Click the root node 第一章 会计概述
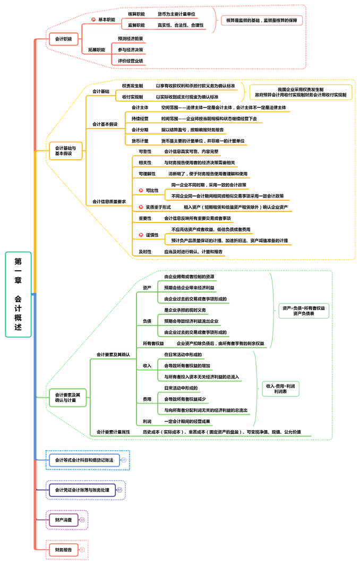point(18,294)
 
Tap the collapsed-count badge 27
point(124,460)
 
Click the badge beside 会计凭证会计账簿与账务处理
point(119,490)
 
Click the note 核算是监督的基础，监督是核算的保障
point(261,20)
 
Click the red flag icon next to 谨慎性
point(141,235)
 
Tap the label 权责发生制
point(132,86)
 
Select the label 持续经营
point(140,118)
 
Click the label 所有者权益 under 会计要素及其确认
point(153,344)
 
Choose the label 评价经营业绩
point(130,61)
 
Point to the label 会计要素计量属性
point(113,432)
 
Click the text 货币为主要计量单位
point(176,14)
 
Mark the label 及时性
point(145,252)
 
